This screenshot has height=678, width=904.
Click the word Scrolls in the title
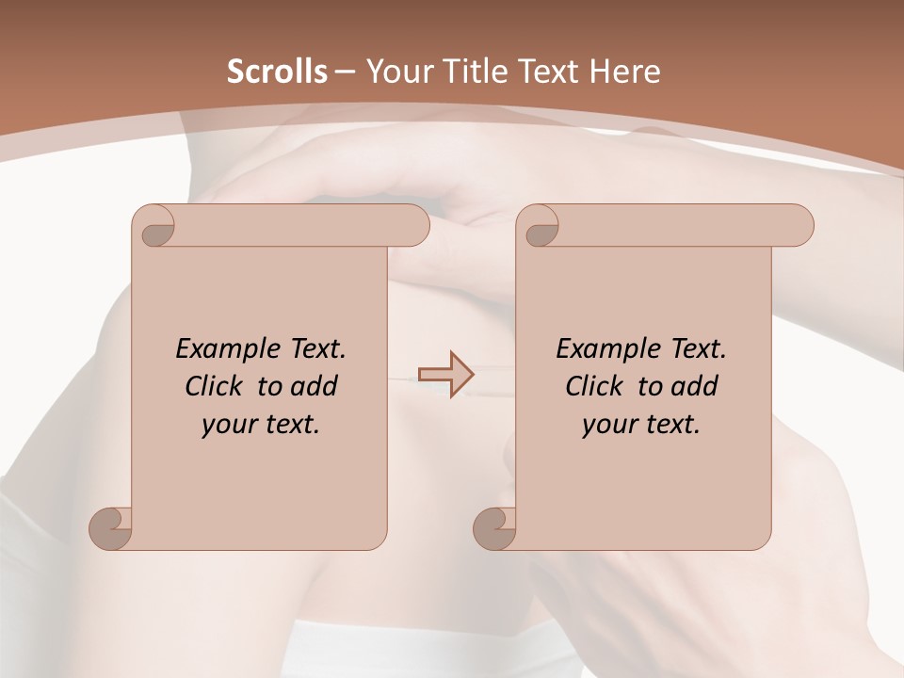tap(278, 72)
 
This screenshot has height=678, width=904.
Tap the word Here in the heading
tap(624, 72)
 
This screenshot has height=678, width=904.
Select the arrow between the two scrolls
tap(445, 374)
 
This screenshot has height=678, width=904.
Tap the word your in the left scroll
tap(228, 425)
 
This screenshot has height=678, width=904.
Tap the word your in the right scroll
tap(608, 425)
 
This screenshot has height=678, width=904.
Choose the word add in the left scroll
tap(315, 386)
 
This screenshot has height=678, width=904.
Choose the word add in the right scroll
tap(695, 386)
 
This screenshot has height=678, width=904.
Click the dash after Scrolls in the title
tap(346, 72)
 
